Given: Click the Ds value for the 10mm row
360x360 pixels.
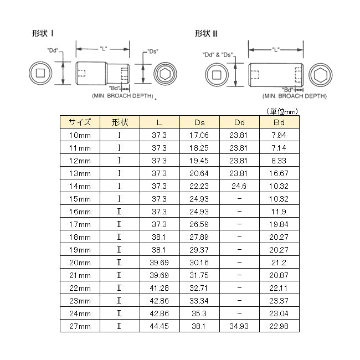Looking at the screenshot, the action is pyautogui.click(x=199, y=135).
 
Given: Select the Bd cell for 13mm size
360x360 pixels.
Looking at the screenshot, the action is pyautogui.click(x=279, y=173).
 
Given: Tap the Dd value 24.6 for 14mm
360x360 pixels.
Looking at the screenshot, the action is pyautogui.click(x=239, y=186).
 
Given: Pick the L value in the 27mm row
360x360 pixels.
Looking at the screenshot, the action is pyautogui.click(x=160, y=326).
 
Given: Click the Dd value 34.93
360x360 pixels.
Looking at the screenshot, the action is pyautogui.click(x=239, y=326).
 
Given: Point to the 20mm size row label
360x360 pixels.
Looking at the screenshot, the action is pyautogui.click(x=80, y=263).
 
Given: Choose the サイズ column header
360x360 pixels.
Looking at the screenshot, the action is pyautogui.click(x=80, y=122).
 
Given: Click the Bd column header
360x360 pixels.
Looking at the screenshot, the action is pyautogui.click(x=279, y=122).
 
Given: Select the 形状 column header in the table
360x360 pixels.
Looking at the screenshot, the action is pyautogui.click(x=120, y=122).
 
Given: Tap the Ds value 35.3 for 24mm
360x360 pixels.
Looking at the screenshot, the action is pyautogui.click(x=199, y=313).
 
